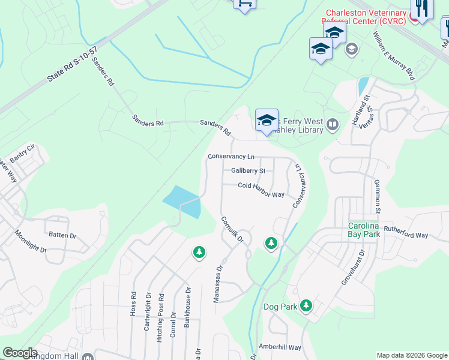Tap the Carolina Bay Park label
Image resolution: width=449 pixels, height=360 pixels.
[364, 230]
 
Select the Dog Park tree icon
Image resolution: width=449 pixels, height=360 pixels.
[306, 306]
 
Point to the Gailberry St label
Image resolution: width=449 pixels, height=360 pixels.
[248, 170]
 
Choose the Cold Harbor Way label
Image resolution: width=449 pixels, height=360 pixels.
[261, 190]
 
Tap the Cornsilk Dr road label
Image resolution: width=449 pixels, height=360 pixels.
[232, 229]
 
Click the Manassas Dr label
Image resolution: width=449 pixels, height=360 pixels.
[219, 284]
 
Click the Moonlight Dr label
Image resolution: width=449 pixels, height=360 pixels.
[31, 241]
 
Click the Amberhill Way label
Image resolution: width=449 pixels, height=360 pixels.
[279, 347]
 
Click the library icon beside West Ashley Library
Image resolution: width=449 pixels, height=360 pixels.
[333, 125]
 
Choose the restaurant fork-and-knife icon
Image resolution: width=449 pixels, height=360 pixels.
[422, 8]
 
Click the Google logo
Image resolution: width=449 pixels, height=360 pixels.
[20, 353]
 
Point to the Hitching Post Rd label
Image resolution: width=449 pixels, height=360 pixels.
[160, 317]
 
